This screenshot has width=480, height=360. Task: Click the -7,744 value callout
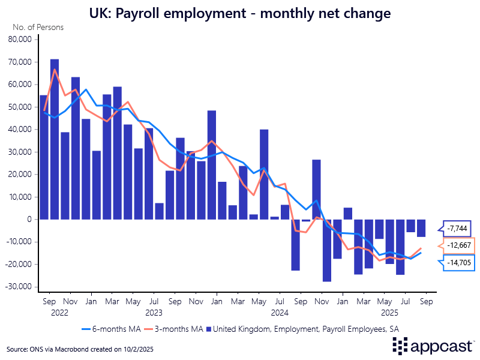click(458, 228)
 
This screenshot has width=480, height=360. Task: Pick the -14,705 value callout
click(458, 262)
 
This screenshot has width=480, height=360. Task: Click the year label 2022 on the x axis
click(60, 313)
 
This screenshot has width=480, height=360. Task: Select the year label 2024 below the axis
click(280, 313)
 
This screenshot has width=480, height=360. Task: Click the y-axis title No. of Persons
click(37, 28)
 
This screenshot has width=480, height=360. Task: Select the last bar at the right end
click(421, 228)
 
